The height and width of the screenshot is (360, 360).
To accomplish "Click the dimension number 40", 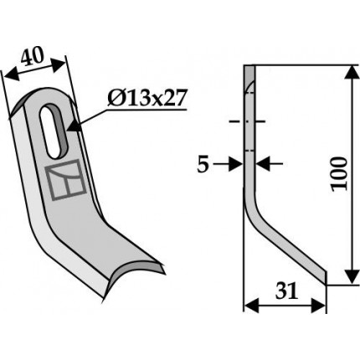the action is point(33,57).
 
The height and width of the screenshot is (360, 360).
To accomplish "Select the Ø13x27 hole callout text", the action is point(146,98).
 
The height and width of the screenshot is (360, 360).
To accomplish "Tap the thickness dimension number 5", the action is point(203,166).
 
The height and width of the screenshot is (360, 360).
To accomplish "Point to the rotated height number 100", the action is point(339,174).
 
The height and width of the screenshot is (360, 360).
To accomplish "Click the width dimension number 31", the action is point(287,291).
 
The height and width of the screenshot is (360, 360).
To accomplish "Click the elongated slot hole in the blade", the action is point(53,131).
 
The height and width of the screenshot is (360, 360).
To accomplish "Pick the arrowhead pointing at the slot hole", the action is point(74,126).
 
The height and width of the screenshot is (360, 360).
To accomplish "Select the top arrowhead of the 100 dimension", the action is point(353,74).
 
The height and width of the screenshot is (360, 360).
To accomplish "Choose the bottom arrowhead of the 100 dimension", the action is point(353,276).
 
